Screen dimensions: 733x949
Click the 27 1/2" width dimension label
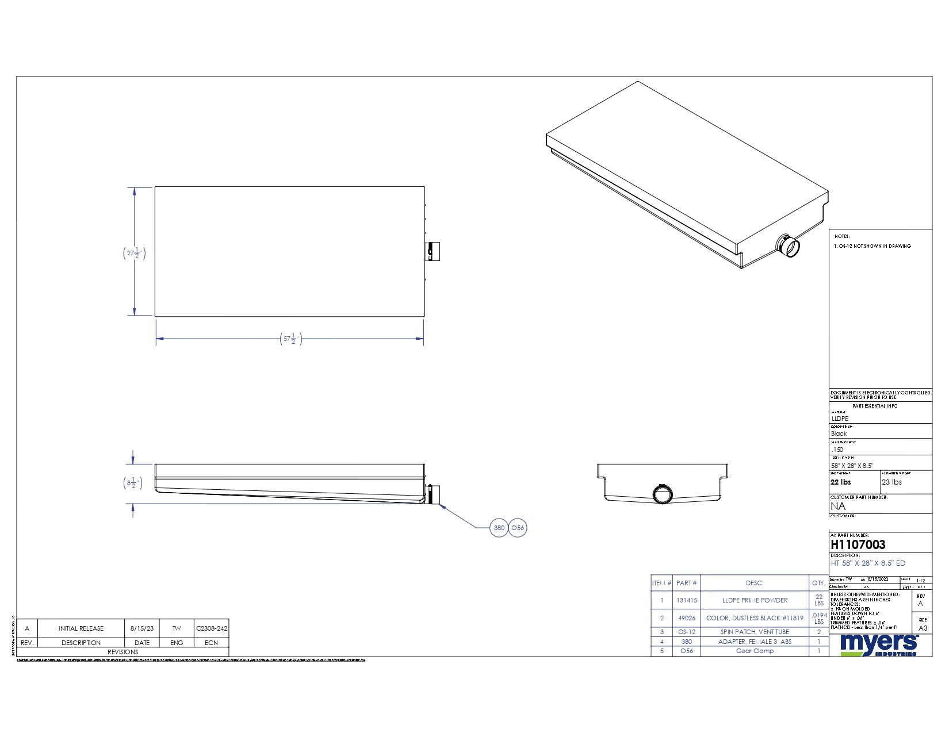[x=134, y=253]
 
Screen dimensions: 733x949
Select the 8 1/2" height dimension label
[x=133, y=483]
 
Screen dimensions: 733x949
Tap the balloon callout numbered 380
[x=499, y=528]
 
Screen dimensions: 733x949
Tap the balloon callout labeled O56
[x=518, y=528]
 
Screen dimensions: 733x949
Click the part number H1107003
[x=858, y=544]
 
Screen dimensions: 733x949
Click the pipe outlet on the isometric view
[x=789, y=246]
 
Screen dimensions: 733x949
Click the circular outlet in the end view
[x=663, y=494]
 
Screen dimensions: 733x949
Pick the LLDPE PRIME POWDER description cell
[x=755, y=600]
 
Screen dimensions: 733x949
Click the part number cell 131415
[x=686, y=600]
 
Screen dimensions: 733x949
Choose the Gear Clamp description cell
[x=755, y=651]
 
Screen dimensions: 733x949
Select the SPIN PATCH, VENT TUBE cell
[x=755, y=632]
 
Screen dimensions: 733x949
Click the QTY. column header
[x=818, y=583]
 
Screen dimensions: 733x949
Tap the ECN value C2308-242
[x=211, y=628]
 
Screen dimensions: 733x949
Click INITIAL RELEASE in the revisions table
[x=81, y=628]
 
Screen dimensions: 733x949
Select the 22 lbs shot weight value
[x=840, y=482]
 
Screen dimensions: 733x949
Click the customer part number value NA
[x=838, y=506]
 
